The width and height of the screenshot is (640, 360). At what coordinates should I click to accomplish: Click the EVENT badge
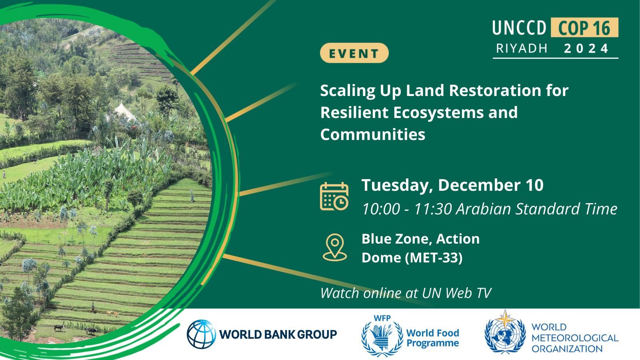tap(354, 53)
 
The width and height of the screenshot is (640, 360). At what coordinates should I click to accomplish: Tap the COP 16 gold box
tap(584, 28)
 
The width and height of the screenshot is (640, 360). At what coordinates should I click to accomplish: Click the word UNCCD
tap(519, 28)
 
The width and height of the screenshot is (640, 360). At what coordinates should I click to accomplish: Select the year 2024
tap(586, 48)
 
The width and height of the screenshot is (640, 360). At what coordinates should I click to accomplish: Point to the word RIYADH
tap(522, 48)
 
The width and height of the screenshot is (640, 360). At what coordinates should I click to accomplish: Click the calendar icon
tap(334, 196)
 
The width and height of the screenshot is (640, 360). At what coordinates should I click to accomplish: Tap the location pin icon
tap(334, 248)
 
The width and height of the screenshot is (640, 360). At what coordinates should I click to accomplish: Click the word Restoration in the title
tap(495, 90)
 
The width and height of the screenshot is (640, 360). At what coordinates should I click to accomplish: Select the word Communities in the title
tap(372, 134)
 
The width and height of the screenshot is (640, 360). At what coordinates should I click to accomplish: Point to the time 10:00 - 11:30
tap(407, 208)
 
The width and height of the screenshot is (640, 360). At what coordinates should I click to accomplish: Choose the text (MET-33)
tap(434, 258)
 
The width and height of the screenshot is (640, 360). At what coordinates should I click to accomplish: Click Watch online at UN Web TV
tap(406, 293)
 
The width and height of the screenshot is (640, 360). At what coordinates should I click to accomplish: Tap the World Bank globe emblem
tap(201, 334)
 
